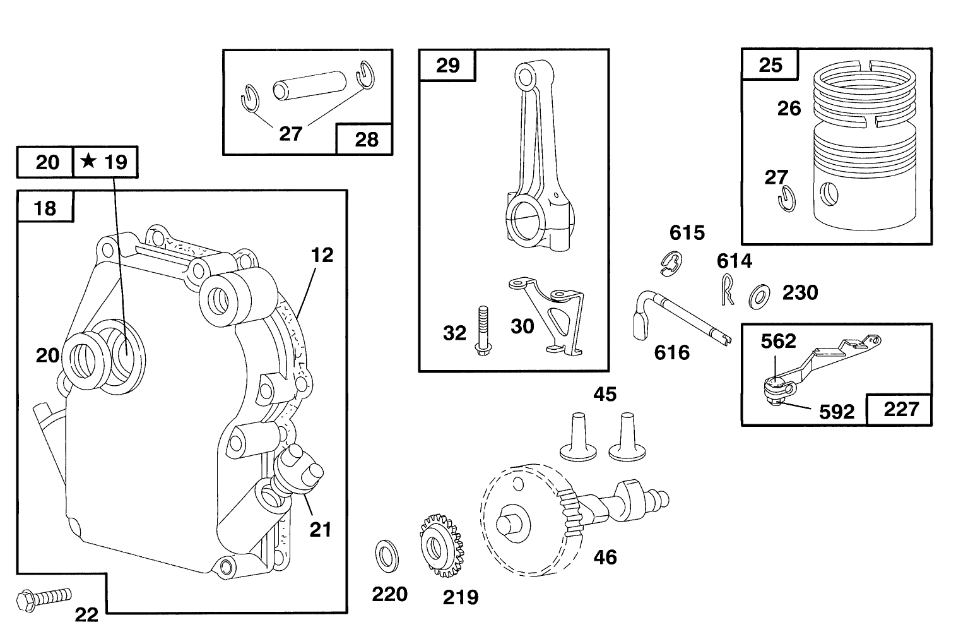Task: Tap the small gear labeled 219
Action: (x=439, y=545)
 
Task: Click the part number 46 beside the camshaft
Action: (x=605, y=557)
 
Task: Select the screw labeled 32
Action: (x=483, y=328)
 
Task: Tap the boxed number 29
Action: (x=448, y=65)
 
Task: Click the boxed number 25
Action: (x=770, y=65)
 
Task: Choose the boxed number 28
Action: (x=366, y=139)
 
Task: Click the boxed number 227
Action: (x=900, y=409)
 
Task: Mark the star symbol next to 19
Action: (x=89, y=162)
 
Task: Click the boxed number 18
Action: (x=45, y=208)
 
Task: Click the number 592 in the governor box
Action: (x=836, y=412)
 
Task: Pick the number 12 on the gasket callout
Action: (x=322, y=255)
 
